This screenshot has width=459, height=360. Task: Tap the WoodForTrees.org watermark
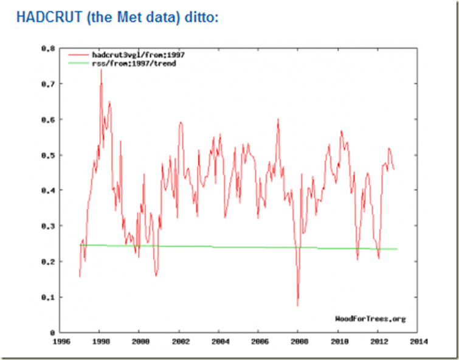(370, 319)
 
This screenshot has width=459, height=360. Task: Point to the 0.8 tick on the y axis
(49, 48)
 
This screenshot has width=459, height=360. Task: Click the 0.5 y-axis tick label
(49, 155)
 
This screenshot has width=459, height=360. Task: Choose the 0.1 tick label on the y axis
(49, 297)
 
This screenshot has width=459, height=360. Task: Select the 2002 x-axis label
(180, 342)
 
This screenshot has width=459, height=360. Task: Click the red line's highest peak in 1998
(101, 70)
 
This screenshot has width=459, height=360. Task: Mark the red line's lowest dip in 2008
(298, 305)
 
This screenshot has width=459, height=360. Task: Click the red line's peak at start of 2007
(278, 120)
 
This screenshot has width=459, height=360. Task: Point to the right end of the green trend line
(397, 249)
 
